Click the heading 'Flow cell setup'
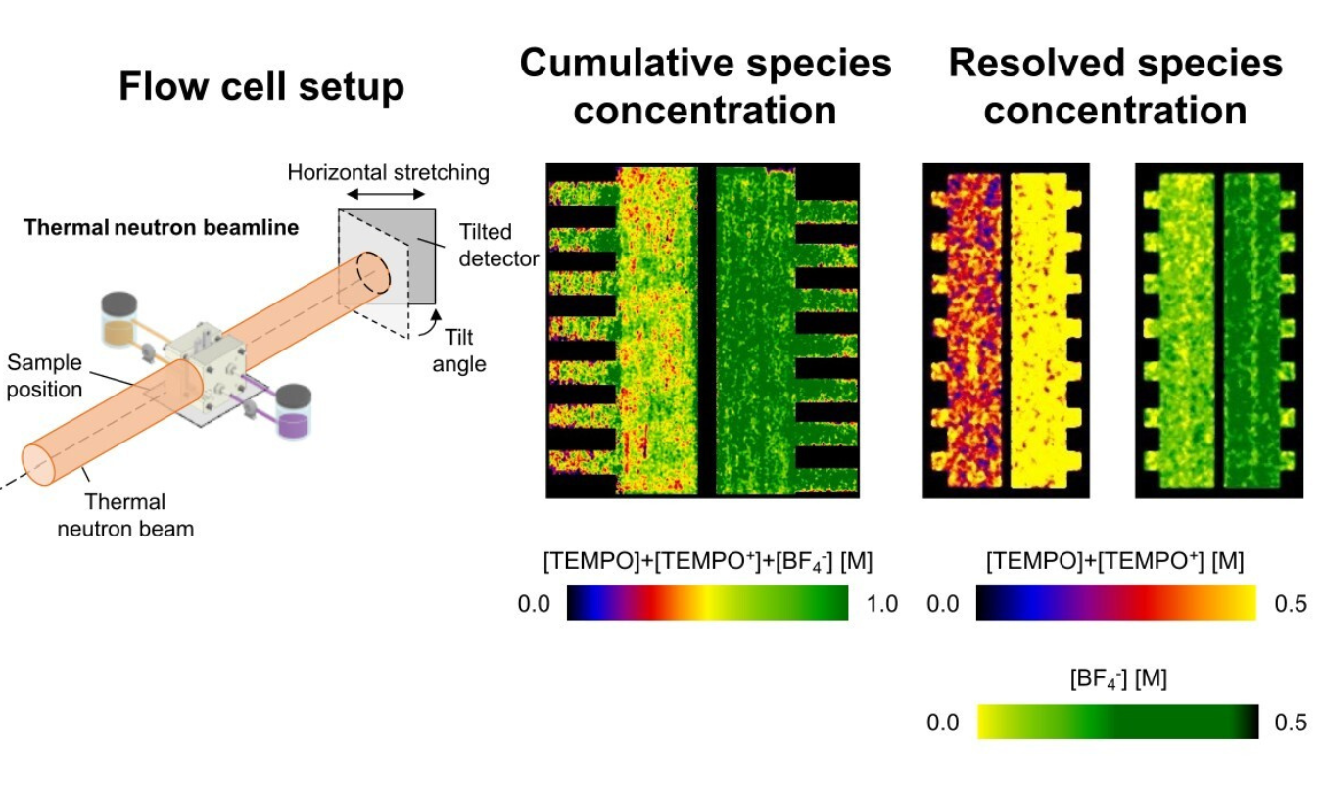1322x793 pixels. [261, 88]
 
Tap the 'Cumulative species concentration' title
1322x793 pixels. [705, 86]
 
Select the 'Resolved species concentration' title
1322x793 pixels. [1115, 86]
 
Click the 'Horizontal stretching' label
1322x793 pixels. [388, 173]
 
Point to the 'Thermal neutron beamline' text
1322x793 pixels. [162, 228]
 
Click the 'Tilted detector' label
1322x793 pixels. [486, 246]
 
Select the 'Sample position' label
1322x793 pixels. [45, 375]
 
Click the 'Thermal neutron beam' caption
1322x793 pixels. [125, 516]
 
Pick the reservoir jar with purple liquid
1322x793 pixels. [293, 411]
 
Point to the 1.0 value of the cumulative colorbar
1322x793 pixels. [882, 604]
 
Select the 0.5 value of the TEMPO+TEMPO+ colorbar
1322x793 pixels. [1291, 604]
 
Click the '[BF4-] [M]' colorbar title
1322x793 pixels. [1118, 678]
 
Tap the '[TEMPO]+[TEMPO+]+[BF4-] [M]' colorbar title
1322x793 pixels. [707, 561]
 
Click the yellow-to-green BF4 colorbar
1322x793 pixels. [1117, 723]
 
